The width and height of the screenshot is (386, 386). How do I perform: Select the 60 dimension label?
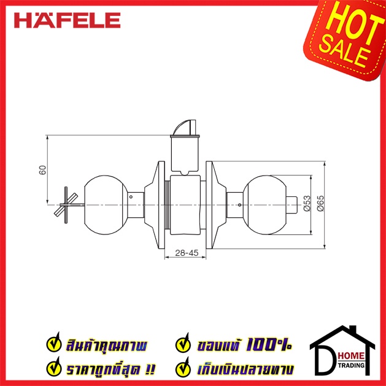(42, 170)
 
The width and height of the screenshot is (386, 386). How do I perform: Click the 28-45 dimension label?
(187, 253)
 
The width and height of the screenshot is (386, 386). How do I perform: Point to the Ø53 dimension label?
(307, 204)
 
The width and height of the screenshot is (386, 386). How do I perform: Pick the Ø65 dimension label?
(320, 204)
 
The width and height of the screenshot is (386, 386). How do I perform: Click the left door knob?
(106, 205)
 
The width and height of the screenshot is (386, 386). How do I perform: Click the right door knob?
(265, 205)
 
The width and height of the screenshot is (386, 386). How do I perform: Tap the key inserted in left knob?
(69, 205)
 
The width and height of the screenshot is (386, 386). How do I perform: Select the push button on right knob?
(293, 205)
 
